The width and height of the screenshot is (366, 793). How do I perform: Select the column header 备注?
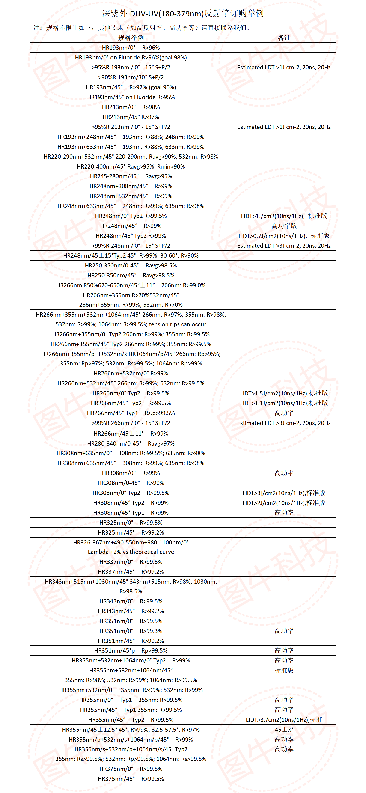tap(284, 38)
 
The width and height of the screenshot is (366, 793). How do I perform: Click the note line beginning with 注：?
tap(142, 28)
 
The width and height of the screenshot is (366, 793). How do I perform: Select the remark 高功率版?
tap(284, 226)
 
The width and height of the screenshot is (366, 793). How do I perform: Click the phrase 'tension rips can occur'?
tap(178, 324)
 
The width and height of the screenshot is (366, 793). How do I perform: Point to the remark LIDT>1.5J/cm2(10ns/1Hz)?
tap(284, 393)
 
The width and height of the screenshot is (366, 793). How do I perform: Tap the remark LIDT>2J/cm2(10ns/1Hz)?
tap(284, 503)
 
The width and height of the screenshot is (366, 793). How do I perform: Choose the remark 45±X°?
tap(284, 730)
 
